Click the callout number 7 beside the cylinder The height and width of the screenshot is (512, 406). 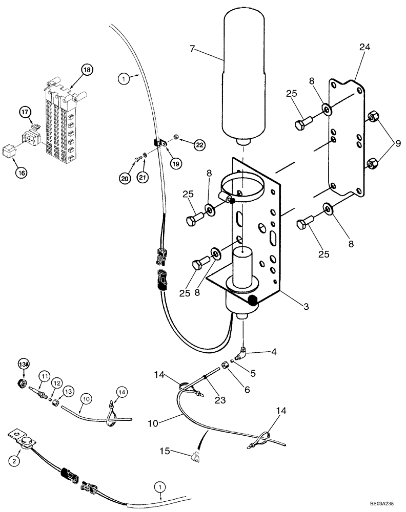point(192,49)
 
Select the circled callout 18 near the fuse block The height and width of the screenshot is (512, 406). point(87,70)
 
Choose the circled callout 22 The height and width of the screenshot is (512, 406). point(199,145)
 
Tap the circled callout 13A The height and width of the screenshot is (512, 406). point(23,364)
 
